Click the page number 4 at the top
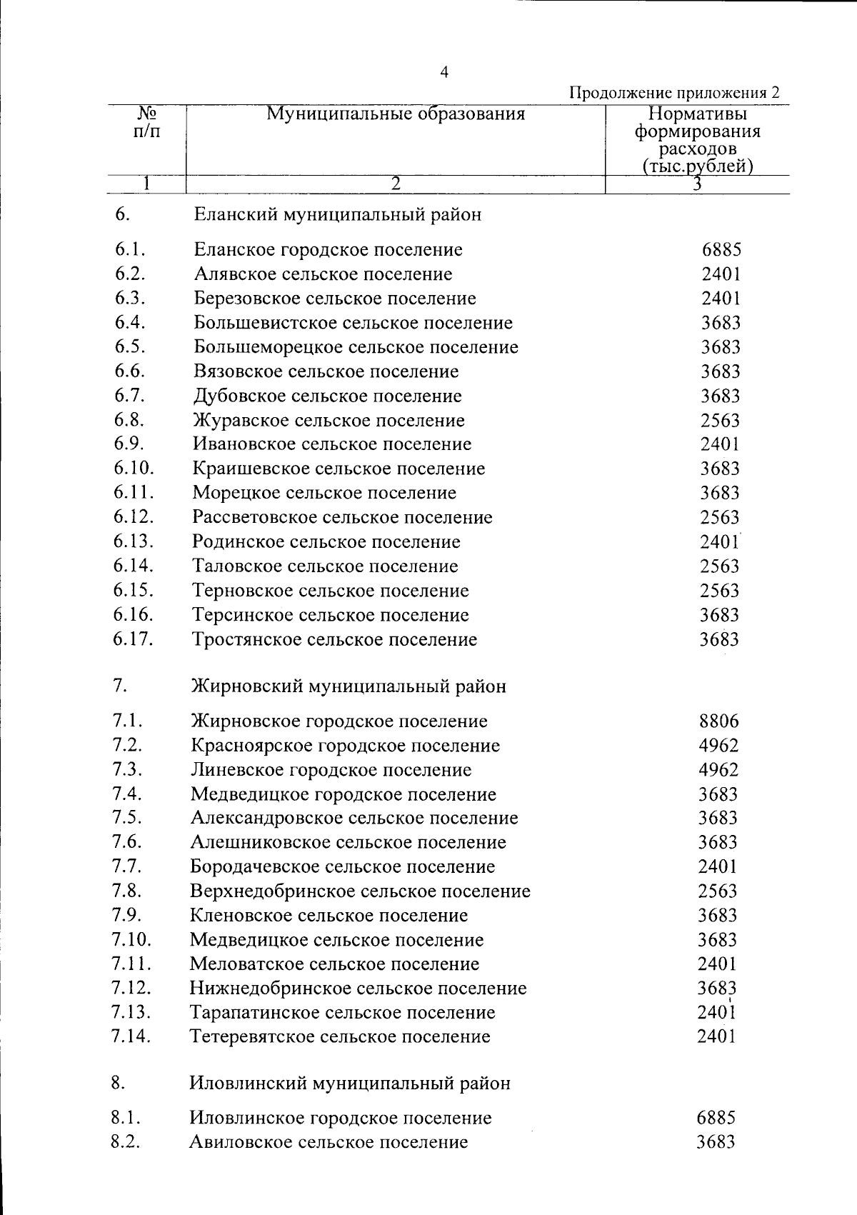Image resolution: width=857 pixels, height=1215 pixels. coord(444,72)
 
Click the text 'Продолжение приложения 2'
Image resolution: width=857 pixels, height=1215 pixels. coord(673,93)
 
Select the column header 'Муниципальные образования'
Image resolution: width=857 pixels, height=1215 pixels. coord(395,114)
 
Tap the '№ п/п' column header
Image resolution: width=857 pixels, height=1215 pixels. coord(146,123)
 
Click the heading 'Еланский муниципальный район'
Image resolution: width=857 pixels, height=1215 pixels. coord(337,214)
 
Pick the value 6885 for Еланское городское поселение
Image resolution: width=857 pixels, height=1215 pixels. coord(721,249)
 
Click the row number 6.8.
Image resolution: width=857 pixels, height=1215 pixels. coord(129,419)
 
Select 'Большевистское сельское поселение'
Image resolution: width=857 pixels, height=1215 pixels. coord(353,323)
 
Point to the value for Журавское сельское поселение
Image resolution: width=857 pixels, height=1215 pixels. coord(720,421)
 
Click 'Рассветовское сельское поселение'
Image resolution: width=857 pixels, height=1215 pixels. coord(342,517)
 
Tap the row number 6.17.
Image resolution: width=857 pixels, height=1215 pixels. coord(133,639)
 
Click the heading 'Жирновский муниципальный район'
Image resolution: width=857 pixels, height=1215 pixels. coord(349,686)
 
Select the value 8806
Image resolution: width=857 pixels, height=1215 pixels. coord(718,721)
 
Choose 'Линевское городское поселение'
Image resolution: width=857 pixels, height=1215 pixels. coord(331,770)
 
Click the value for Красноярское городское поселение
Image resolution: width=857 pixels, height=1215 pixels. coord(718,746)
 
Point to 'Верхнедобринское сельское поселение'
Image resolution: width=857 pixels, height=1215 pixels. coord(360,891)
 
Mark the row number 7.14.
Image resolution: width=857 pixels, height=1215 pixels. coord(131,1036)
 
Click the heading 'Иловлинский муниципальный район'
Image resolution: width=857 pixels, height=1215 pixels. coord(350,1084)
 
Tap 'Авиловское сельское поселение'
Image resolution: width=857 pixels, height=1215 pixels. coord(329,1142)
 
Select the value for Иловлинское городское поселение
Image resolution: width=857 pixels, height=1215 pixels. coord(716,1118)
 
